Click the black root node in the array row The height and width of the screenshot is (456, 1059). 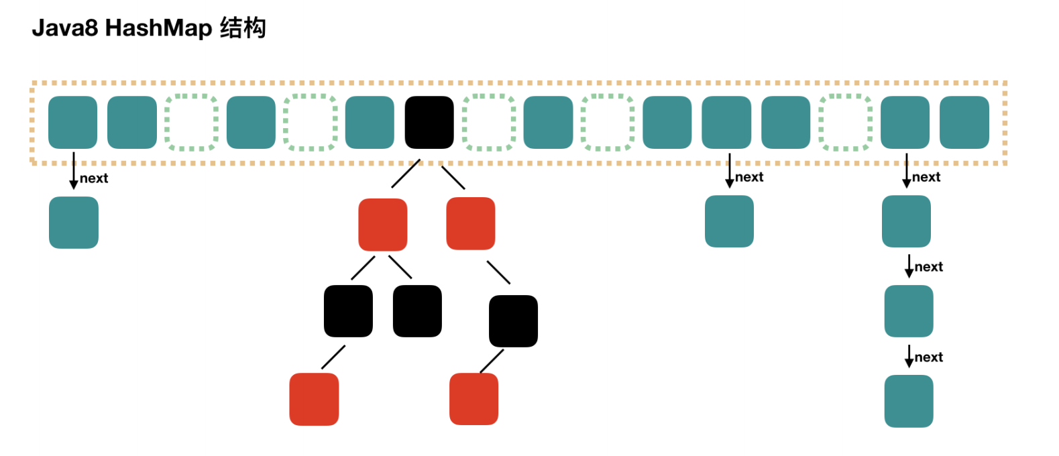point(429,122)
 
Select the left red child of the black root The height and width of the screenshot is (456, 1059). point(383,225)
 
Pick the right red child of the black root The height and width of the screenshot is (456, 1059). point(471,223)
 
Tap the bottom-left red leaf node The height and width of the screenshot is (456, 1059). point(314,399)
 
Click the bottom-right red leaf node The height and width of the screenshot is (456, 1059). point(473,399)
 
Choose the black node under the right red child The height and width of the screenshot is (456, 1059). point(513,321)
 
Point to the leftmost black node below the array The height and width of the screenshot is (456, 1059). point(348,311)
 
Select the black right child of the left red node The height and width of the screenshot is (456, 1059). point(417,311)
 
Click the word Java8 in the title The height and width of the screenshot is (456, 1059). point(65,28)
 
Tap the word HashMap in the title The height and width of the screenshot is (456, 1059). point(158,28)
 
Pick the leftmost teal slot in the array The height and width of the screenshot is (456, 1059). point(73,122)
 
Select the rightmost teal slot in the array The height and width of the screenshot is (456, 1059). point(964,122)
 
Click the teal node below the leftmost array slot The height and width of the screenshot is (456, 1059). point(74,223)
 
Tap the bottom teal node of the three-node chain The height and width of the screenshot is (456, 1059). point(909,401)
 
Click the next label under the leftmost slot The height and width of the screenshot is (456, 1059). point(94,178)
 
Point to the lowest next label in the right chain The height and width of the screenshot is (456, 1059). point(929,357)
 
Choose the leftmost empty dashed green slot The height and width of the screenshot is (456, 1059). point(191,122)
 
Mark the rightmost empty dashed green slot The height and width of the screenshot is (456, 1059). point(846,122)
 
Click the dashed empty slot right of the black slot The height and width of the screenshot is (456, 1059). point(489,122)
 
